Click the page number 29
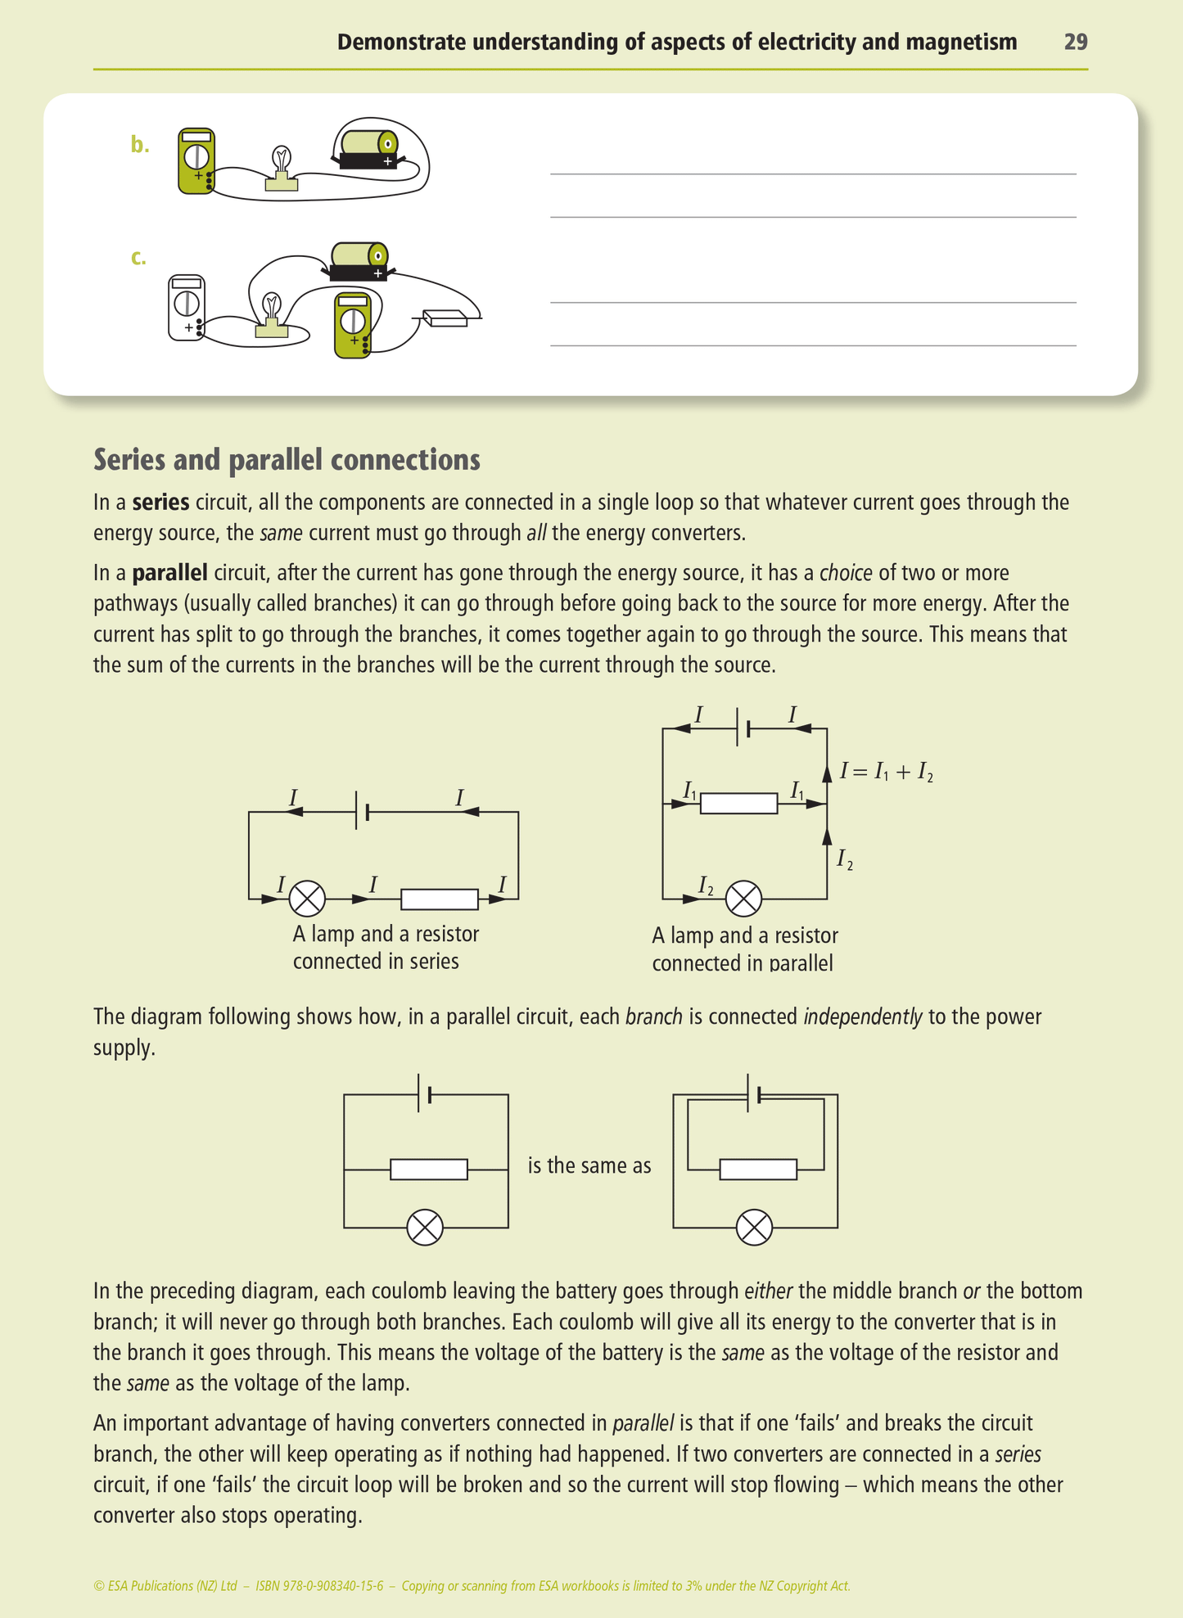[x=1075, y=43]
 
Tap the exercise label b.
[x=140, y=146]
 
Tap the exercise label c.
[x=138, y=258]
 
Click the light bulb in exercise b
[x=282, y=168]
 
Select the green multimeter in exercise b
[x=196, y=160]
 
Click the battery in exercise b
[x=368, y=150]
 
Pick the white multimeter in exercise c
[x=187, y=308]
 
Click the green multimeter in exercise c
[x=353, y=325]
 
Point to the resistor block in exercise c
[x=445, y=318]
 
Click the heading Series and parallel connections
[x=287, y=460]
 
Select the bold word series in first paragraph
[x=160, y=503]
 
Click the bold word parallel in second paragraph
[x=169, y=573]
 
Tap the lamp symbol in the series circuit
[x=307, y=899]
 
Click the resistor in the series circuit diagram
[x=439, y=899]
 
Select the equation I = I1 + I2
[x=886, y=772]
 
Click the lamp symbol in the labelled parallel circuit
[x=743, y=899]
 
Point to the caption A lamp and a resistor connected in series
[x=386, y=948]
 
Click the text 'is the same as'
[x=589, y=1165]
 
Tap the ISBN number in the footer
[x=319, y=1585]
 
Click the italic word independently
[x=862, y=1017]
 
